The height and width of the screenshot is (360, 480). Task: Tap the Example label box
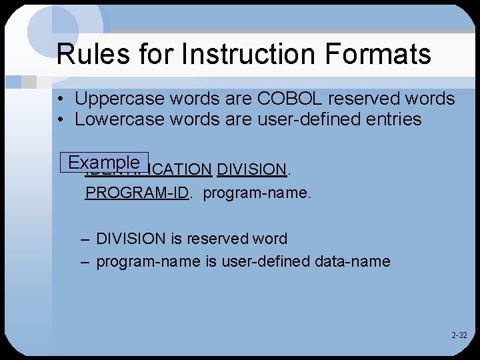click(104, 163)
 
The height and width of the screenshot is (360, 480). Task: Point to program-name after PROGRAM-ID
click(257, 193)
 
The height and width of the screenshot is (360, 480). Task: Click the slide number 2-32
click(459, 335)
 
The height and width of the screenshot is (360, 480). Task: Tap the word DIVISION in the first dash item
click(131, 239)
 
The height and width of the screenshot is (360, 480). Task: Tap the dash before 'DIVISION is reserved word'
click(85, 239)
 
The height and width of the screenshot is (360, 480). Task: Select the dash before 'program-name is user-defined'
click(85, 261)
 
